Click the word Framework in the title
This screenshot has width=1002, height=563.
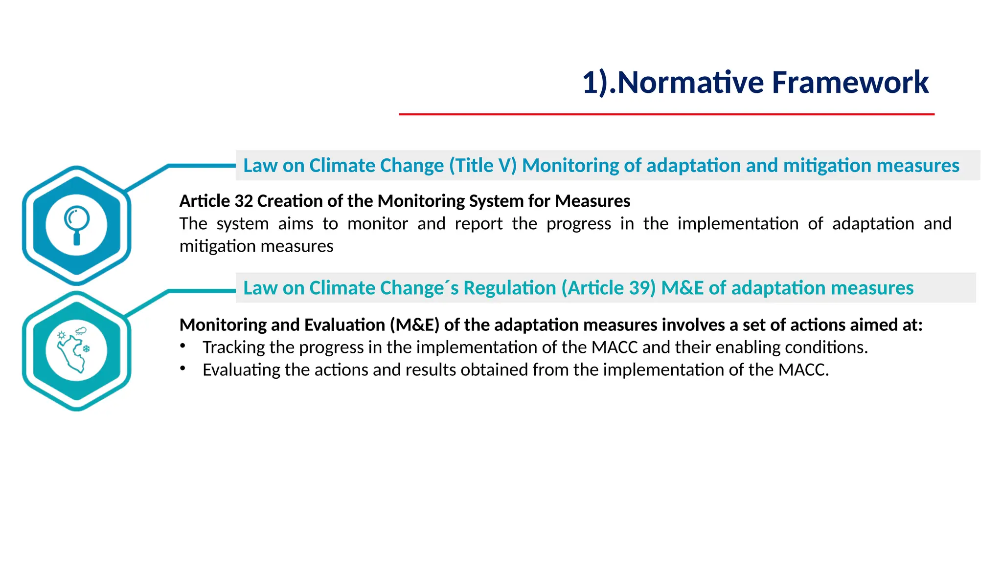(850, 82)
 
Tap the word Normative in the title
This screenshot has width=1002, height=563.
(690, 82)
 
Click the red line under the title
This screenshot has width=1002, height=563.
(666, 114)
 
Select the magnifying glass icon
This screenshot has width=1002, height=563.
(77, 224)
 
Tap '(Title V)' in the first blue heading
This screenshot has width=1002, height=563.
(483, 166)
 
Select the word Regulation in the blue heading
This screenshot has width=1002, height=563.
(509, 288)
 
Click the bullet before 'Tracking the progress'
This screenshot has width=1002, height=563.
(182, 346)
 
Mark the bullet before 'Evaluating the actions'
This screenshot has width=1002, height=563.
(182, 368)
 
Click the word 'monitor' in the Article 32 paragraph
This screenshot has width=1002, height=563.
(378, 223)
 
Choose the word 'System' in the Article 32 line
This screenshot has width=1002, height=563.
(496, 201)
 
